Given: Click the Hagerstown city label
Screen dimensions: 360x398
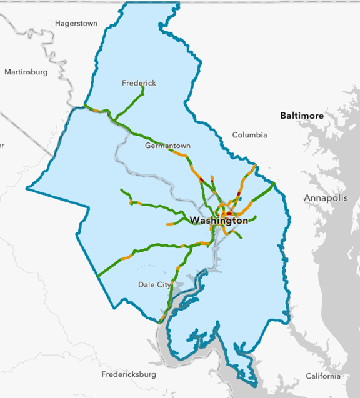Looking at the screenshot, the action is [76, 24].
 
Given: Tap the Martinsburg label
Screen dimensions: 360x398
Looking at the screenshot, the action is [26, 72].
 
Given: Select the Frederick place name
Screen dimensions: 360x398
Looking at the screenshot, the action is [139, 83].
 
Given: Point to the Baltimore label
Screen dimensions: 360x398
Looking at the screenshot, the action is [302, 116].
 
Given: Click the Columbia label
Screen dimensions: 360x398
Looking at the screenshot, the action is [249, 135].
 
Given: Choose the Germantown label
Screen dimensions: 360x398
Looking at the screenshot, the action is [167, 146].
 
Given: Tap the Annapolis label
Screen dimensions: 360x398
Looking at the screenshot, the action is [325, 198].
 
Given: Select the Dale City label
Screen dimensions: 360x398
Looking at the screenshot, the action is [154, 285].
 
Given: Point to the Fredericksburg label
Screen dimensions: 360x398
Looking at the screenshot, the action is [129, 374].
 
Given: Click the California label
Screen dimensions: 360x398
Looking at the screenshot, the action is [323, 376].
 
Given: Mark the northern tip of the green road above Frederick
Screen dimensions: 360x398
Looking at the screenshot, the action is [143, 88].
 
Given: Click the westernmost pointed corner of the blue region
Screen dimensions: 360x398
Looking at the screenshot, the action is [26, 187].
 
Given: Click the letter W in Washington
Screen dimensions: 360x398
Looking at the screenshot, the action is [194, 221].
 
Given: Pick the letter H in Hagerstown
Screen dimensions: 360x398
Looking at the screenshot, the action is [57, 24].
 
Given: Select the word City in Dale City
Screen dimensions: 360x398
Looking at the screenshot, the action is [162, 285].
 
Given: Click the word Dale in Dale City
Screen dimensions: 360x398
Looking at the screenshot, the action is [146, 285].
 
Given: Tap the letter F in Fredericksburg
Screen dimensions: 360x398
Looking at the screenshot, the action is [104, 374].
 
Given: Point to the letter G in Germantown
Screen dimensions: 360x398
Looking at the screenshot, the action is [147, 146].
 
